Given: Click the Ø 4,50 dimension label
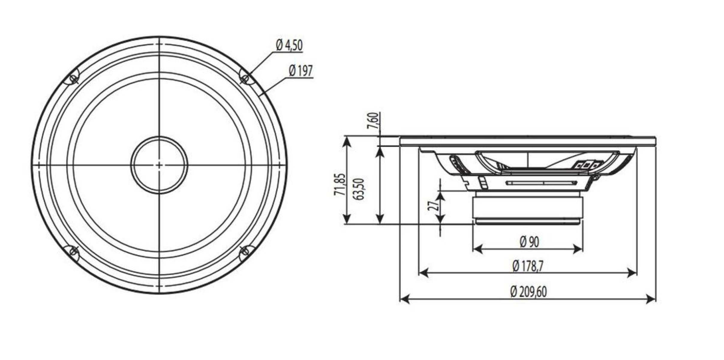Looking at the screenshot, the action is click(x=289, y=46).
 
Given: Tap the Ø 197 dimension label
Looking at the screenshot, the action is click(x=301, y=71).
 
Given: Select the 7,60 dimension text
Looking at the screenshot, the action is click(x=373, y=121).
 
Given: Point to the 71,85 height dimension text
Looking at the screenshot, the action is click(x=340, y=184).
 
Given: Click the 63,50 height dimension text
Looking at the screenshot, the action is click(x=358, y=189).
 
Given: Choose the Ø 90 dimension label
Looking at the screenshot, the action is click(x=529, y=242).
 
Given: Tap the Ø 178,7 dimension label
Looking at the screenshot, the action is click(x=528, y=266).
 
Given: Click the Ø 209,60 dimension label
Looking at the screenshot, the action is click(x=528, y=292).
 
